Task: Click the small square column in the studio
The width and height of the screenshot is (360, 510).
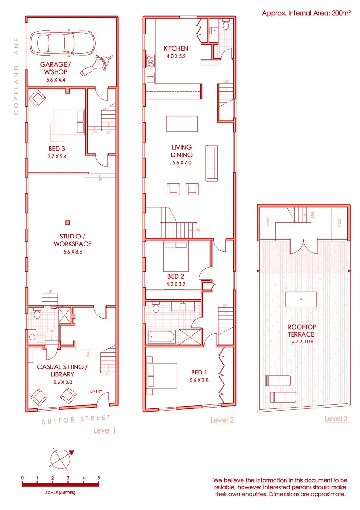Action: pyautogui.click(x=68, y=222)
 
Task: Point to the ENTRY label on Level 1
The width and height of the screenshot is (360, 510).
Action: pyautogui.click(x=97, y=391)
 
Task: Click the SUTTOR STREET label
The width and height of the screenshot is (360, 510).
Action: pyautogui.click(x=76, y=419)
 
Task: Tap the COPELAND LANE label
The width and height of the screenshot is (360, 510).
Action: pyautogui.click(x=17, y=76)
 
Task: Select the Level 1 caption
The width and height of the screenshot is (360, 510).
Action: pyautogui.click(x=105, y=430)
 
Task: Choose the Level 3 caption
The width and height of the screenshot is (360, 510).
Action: pyautogui.click(x=336, y=418)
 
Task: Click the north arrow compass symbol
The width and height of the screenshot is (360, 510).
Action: pyautogui.click(x=62, y=458)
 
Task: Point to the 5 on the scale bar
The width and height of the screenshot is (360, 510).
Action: pyautogui.click(x=99, y=478)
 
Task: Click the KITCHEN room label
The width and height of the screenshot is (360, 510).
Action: pyautogui.click(x=176, y=48)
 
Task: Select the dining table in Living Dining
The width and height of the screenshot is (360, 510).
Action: pyautogui.click(x=182, y=124)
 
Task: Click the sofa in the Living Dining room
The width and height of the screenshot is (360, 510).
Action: pyautogui.click(x=212, y=163)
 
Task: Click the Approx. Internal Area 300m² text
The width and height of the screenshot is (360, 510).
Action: pyautogui.click(x=306, y=13)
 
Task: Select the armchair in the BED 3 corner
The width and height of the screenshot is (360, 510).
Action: pyautogui.click(x=37, y=98)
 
